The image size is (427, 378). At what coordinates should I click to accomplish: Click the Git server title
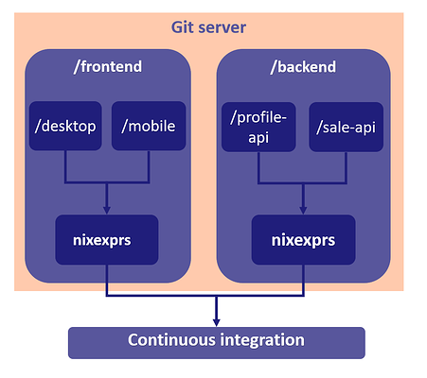[x=208, y=27]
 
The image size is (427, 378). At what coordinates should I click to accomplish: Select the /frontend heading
[x=108, y=66]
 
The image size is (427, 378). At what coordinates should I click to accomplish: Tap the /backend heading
[x=303, y=67]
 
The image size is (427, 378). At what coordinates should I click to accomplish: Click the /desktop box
[x=65, y=126]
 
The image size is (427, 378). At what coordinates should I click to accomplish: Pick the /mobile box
[x=149, y=126]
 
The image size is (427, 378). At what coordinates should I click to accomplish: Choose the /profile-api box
[x=258, y=127]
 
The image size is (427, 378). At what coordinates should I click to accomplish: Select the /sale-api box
[x=346, y=127]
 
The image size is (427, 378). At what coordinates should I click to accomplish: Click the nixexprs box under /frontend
[x=107, y=240]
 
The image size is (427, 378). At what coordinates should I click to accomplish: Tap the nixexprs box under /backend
[x=303, y=240]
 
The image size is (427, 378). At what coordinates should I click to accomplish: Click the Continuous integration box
[x=217, y=343]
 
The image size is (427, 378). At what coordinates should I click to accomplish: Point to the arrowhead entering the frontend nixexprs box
[x=107, y=211]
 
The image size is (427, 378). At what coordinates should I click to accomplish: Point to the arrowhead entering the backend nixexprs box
[x=303, y=211]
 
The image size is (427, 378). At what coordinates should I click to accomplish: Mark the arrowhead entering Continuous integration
[x=216, y=322]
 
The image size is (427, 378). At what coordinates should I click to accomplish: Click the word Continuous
[x=171, y=340]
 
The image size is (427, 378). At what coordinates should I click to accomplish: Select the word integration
[x=262, y=340]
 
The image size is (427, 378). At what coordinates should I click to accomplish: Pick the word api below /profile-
[x=258, y=138]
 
